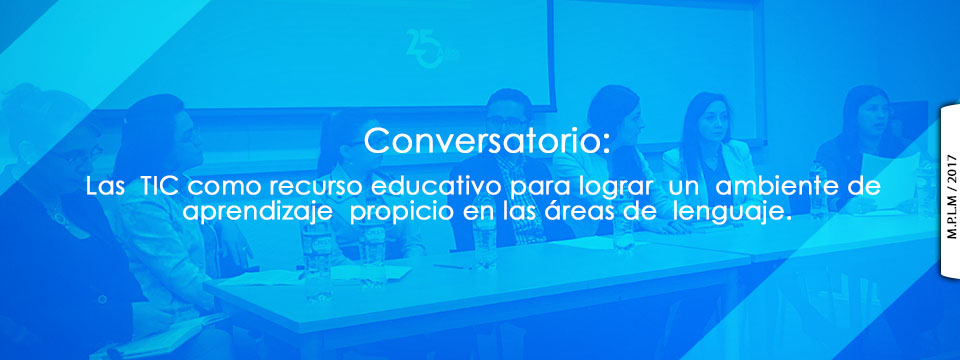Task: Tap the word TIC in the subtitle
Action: click(x=159, y=186)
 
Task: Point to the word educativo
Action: click(x=439, y=186)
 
